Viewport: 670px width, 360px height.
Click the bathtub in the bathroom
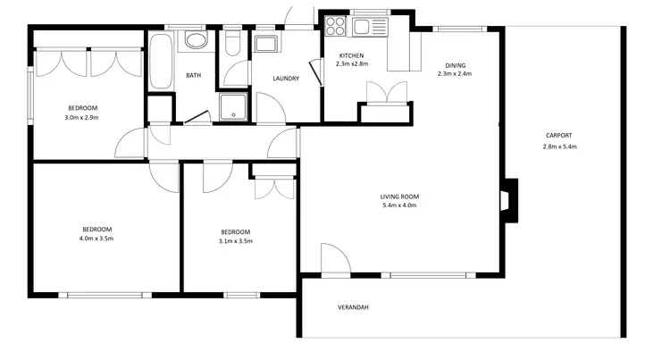click(163, 61)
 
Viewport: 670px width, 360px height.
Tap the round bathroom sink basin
click(194, 40)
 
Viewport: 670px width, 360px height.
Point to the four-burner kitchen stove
click(336, 26)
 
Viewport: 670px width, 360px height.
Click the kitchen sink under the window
click(362, 27)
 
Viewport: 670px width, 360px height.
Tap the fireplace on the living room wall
click(507, 199)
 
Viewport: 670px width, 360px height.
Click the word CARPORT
click(558, 136)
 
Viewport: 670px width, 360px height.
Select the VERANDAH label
click(353, 307)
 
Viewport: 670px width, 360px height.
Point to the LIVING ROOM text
click(399, 197)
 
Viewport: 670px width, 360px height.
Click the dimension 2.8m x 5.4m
click(559, 147)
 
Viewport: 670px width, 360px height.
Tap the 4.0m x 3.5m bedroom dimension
click(96, 239)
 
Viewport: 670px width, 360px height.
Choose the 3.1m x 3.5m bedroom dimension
click(236, 240)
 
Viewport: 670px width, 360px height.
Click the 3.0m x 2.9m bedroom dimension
click(81, 118)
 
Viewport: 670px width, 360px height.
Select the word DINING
click(455, 65)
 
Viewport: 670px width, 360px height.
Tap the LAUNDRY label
click(285, 78)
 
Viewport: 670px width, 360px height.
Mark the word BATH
click(193, 76)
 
